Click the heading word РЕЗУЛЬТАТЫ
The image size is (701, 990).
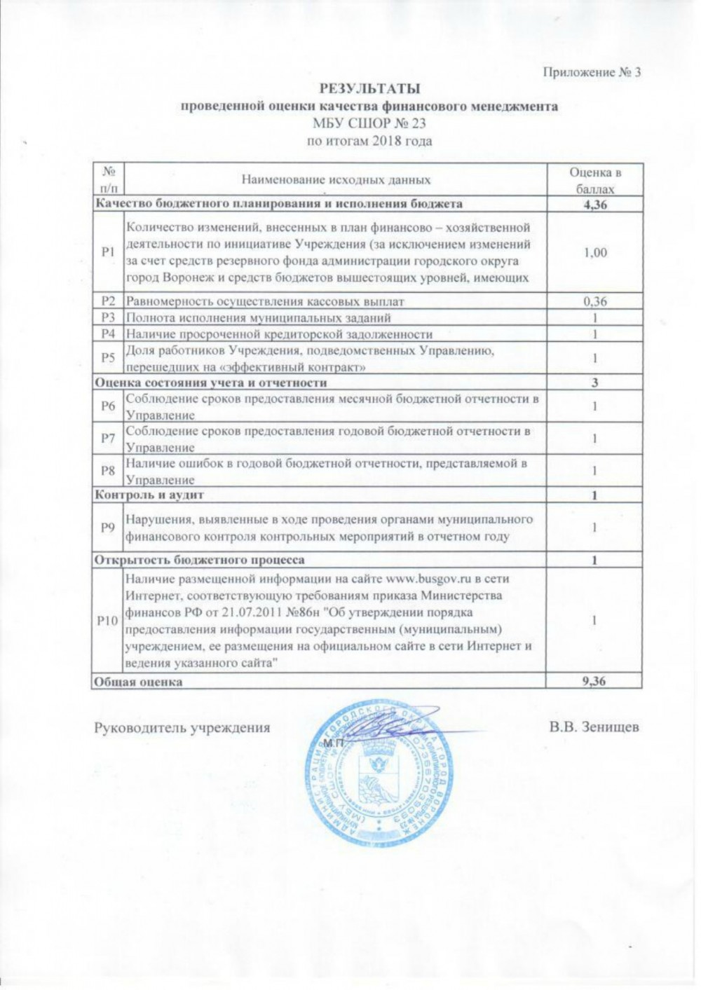point(369,89)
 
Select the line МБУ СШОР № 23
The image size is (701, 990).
point(369,124)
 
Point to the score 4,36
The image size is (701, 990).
point(594,204)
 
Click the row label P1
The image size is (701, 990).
point(108,252)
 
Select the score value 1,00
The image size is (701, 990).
point(594,252)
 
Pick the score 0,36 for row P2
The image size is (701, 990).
point(594,301)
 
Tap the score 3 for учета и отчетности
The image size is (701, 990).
point(594,383)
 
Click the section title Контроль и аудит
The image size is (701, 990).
point(149,495)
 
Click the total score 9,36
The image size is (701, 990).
point(594,681)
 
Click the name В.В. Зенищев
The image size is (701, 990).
point(594,727)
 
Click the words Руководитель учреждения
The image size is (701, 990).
point(182,727)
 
